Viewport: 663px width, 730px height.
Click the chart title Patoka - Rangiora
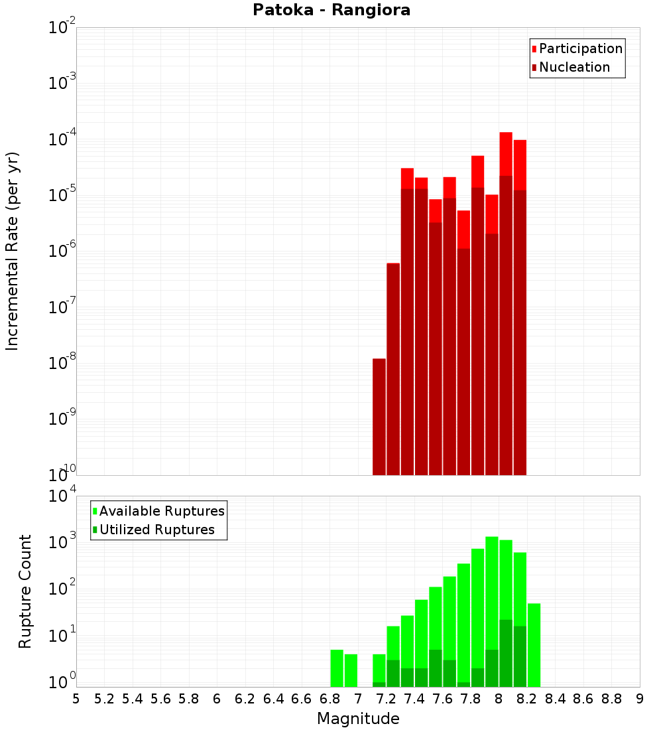331,11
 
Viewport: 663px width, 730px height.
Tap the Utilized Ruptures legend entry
156,530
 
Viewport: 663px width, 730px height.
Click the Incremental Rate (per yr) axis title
13,251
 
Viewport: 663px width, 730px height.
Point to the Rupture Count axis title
25,591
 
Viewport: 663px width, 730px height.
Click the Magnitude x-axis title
358,719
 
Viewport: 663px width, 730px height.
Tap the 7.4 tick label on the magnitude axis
414,699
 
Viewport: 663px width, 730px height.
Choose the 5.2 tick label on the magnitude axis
104,699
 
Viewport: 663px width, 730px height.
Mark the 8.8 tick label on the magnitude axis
611,699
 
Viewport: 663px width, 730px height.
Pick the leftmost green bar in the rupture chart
337,668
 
